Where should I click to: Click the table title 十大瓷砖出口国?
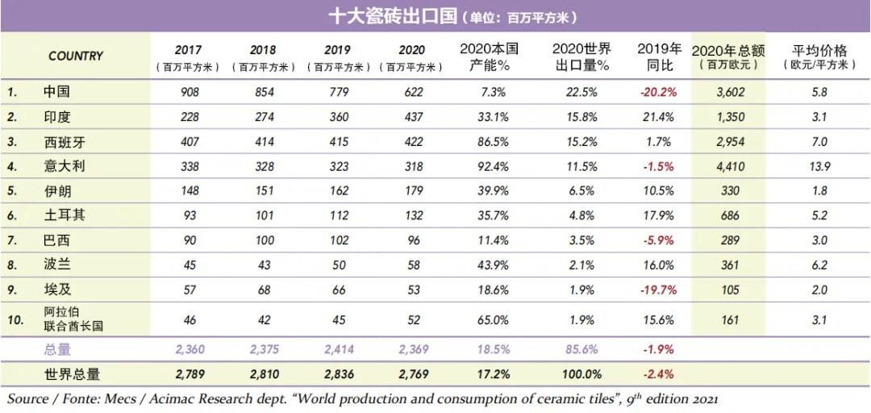point(393,16)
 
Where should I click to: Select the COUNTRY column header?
point(76,56)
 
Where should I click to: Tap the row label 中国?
point(57,92)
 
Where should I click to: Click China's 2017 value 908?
point(190,93)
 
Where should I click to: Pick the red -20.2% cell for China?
point(658,93)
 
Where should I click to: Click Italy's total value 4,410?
point(731,167)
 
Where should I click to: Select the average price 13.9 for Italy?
point(820,167)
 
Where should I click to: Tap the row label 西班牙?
point(64,142)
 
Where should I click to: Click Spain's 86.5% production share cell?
point(493,142)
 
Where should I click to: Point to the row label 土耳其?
point(64,216)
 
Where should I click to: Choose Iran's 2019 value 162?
point(339,192)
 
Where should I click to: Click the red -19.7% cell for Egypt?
point(658,290)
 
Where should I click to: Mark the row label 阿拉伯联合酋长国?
point(73,319)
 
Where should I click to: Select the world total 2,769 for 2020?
point(413,374)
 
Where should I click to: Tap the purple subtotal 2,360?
point(190,349)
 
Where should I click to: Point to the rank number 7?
point(13,241)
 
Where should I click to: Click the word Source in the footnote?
point(27,399)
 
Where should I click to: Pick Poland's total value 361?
point(731,265)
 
